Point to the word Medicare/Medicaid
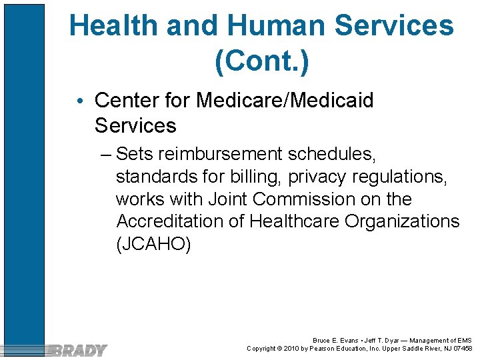pyautogui.click(x=285, y=101)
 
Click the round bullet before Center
pyautogui.click(x=80, y=101)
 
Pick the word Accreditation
pyautogui.click(x=171, y=221)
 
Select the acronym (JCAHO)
pyautogui.click(x=153, y=244)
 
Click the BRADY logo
pyautogui.click(x=79, y=350)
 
